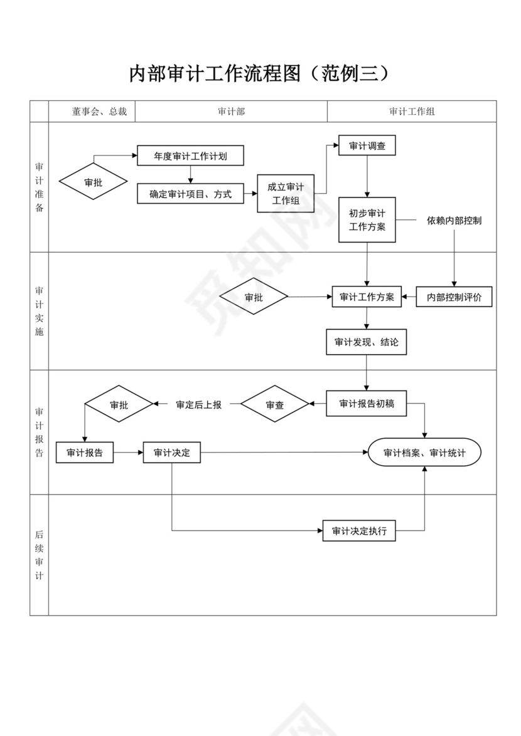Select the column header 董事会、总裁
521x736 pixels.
(x=99, y=112)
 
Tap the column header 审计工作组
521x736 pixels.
(x=412, y=112)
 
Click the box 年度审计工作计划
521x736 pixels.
(x=190, y=156)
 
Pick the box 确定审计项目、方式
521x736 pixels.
(x=190, y=194)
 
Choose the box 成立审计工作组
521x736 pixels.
(x=286, y=194)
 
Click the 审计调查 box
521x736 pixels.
(x=367, y=146)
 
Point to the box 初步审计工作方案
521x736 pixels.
(x=367, y=219)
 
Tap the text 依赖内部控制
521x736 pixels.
(x=454, y=221)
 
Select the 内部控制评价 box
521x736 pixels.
(x=454, y=297)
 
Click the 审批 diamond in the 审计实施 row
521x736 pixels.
(x=254, y=297)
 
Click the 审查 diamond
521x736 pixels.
(x=275, y=405)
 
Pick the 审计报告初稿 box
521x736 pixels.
(x=367, y=404)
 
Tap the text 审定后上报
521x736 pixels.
(x=198, y=405)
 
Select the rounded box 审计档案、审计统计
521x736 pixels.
(x=424, y=453)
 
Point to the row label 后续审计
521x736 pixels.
(x=39, y=555)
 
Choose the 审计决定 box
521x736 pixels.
(x=172, y=453)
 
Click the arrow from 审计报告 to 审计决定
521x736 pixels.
(x=128, y=453)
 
